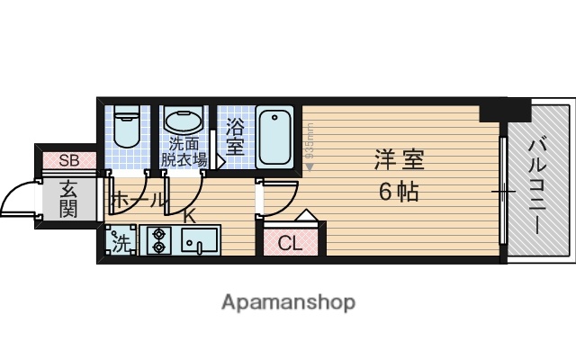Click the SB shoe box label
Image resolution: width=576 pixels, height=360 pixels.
67,161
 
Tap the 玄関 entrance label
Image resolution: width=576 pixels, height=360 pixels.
67,199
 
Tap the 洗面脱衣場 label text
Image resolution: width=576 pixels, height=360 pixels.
184,151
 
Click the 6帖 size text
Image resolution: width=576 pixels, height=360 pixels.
397,191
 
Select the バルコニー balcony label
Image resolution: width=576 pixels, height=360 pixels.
539,185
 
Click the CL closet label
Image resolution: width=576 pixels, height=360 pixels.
289,242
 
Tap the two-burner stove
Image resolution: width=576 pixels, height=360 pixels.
160,240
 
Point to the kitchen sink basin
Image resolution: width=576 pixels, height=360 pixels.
199,240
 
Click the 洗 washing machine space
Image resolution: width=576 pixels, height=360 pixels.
120,241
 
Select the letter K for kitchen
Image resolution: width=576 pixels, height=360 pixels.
189,215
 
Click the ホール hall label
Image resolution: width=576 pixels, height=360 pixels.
138,200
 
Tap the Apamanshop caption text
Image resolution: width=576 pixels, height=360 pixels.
288,301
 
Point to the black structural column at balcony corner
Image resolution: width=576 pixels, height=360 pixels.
504,109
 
